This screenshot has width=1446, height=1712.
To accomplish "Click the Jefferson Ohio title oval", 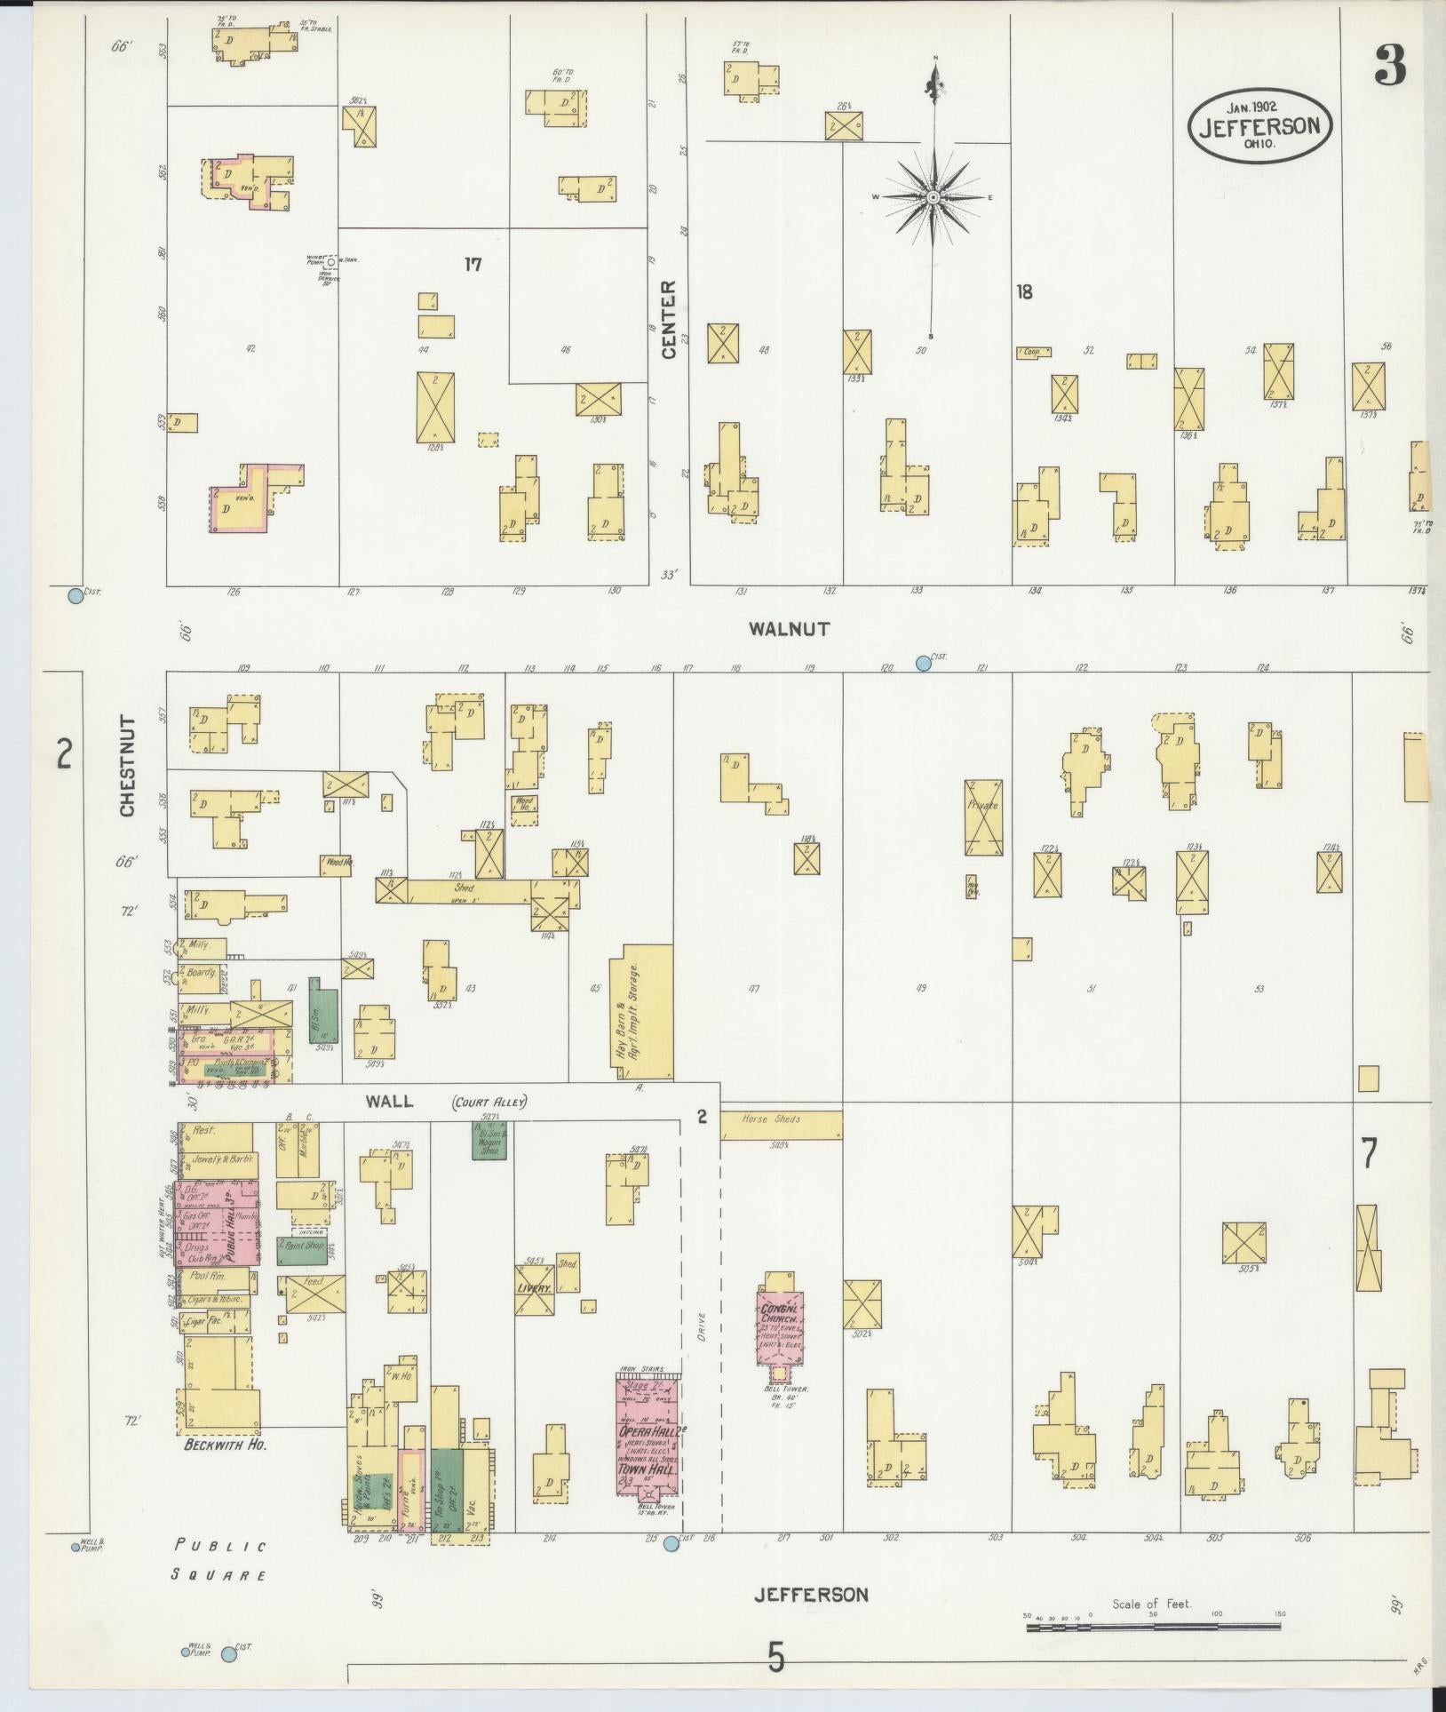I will tap(1259, 125).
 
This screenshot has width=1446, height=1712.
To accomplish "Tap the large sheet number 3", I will tap(1390, 66).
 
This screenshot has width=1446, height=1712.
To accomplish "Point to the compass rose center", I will tap(934, 197).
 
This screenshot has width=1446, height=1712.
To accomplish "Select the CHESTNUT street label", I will tap(127, 768).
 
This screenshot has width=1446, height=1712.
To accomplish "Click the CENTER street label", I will tap(669, 320).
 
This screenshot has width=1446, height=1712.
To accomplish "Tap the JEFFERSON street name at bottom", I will tap(810, 1595).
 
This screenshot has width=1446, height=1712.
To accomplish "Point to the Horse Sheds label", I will tap(772, 1119).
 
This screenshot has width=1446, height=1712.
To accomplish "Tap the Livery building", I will tap(536, 1289).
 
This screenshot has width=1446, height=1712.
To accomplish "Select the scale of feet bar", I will tap(1153, 1628).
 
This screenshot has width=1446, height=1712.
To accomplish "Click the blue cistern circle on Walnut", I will tap(924, 663).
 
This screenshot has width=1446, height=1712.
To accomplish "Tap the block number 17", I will tap(473, 264).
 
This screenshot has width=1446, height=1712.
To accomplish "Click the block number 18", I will tap(1024, 291).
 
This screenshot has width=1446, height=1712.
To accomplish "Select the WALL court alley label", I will tap(390, 1102).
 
